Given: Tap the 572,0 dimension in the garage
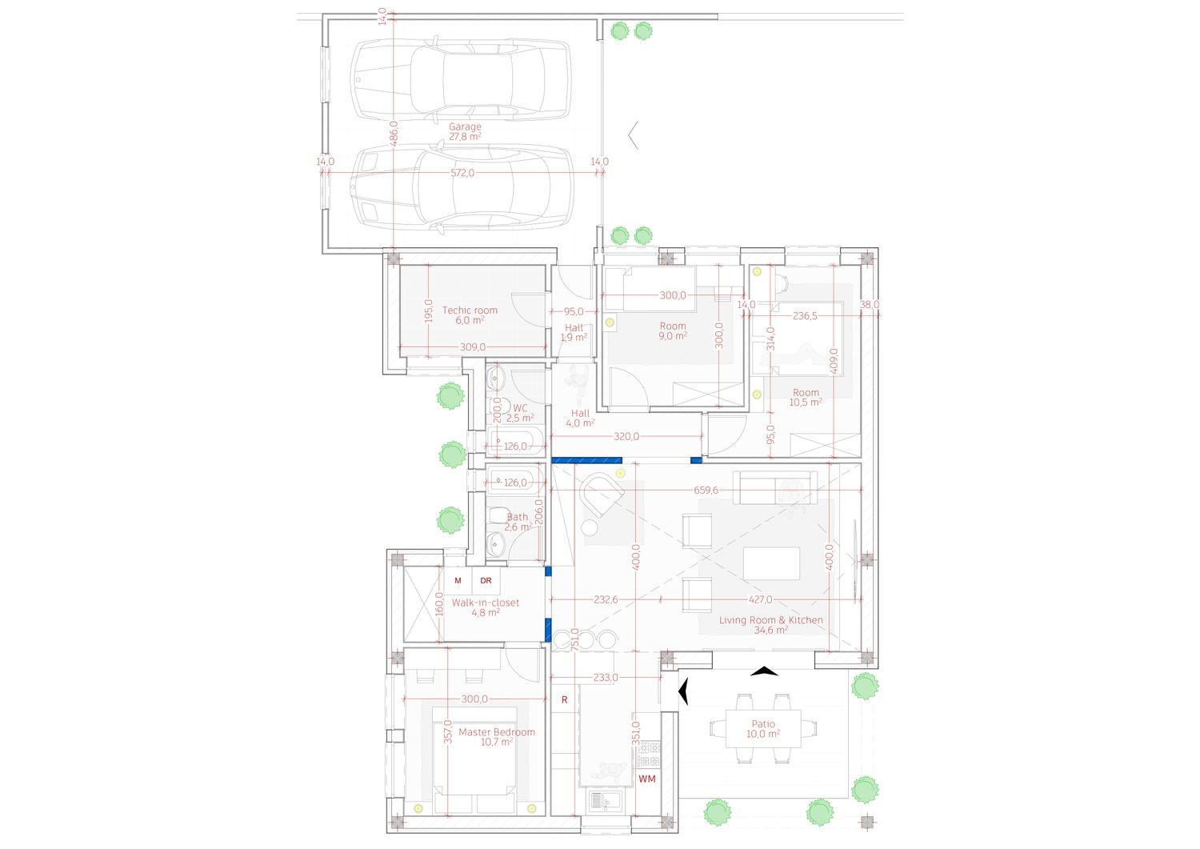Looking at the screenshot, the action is [462, 173].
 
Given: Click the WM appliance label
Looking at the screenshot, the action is [646, 779].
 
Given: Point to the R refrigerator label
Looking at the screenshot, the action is [564, 699].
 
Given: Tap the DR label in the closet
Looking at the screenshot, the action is [486, 580].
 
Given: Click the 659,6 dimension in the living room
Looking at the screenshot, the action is [706, 490].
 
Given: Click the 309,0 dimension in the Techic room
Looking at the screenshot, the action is [473, 346].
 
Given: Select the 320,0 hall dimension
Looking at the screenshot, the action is [626, 436].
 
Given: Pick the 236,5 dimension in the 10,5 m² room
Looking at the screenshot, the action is [805, 316].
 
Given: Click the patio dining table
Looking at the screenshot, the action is [763, 728].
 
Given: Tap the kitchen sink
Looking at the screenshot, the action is [605, 801].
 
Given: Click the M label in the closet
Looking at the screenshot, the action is [458, 580].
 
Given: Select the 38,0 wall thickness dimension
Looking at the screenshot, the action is [869, 304].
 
